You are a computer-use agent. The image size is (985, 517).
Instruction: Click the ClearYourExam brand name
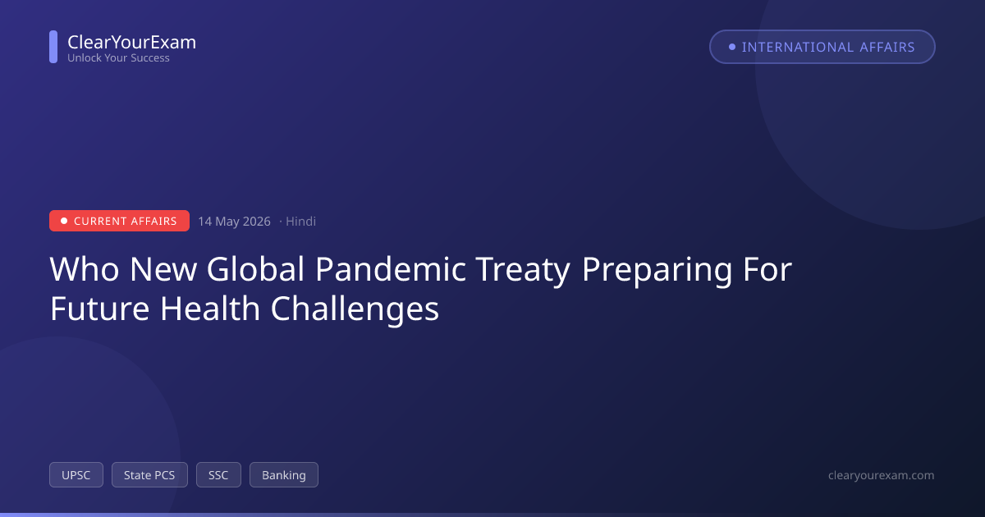(x=132, y=42)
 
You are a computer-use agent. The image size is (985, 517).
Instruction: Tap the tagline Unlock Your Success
(x=118, y=57)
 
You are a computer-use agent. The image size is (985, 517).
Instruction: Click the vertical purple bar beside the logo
(x=53, y=47)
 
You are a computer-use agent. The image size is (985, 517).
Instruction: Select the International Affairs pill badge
(x=822, y=47)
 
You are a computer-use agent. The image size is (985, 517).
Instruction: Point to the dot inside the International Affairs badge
(x=731, y=47)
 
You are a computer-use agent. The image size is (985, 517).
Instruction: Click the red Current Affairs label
(x=119, y=221)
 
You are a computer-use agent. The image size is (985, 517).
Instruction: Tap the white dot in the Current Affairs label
(x=64, y=221)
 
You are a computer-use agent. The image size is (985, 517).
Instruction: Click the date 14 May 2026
(x=234, y=221)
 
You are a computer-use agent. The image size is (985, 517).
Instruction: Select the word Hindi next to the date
(x=300, y=221)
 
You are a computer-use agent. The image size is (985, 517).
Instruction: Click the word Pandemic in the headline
(x=391, y=269)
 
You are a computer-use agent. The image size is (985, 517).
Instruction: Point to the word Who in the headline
(x=84, y=269)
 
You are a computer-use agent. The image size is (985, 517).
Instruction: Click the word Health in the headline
(x=210, y=309)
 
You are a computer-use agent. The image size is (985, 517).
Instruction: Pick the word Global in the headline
(x=255, y=269)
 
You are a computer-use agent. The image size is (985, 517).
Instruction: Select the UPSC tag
(x=76, y=475)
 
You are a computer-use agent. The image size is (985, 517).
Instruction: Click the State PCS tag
(x=149, y=475)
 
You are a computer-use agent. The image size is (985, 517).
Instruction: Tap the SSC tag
(x=218, y=475)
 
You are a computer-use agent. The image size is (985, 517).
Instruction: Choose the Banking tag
(x=284, y=475)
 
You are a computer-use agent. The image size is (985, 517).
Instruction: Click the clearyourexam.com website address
(x=882, y=475)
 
